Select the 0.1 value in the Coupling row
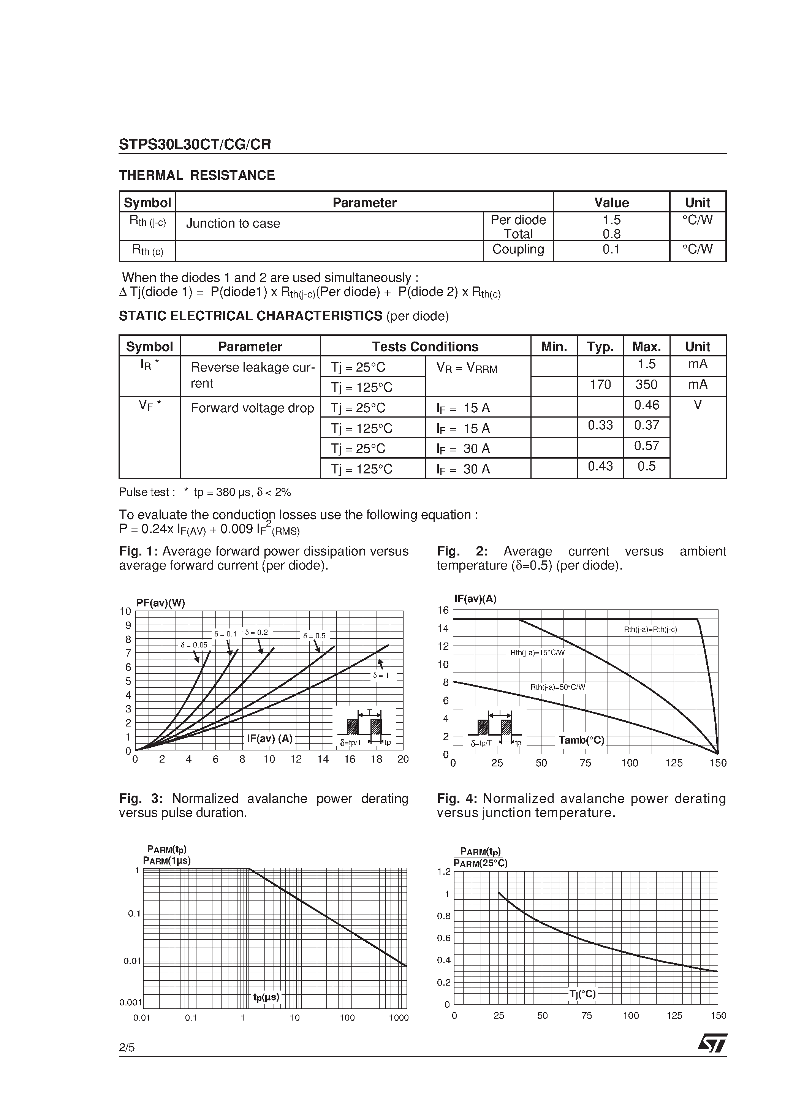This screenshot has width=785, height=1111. tap(611, 250)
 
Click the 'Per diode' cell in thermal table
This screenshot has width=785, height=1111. tap(518, 220)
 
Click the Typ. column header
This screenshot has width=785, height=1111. tap(600, 347)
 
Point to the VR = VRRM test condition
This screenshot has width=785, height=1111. tap(467, 368)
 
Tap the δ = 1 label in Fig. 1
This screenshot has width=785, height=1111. tap(381, 676)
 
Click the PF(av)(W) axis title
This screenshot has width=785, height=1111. tap(161, 603)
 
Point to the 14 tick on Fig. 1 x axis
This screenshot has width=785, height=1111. tap(323, 760)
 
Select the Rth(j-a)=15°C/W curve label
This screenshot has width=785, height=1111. tap(537, 653)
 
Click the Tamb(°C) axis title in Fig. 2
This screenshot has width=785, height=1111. tap(581, 740)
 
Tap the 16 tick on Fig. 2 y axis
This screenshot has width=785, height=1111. tap(443, 610)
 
